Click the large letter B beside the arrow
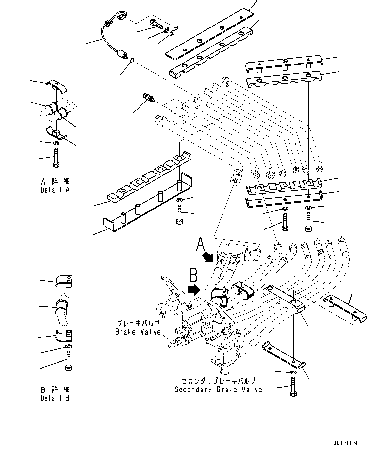pyautogui.click(x=193, y=275)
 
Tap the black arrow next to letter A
pyautogui.click(x=207, y=257)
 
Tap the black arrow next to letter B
pyautogui.click(x=194, y=289)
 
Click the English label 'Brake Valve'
pyautogui.click(x=138, y=332)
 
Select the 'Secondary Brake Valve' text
pyautogui.click(x=218, y=390)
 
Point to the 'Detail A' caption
pyautogui.click(x=55, y=190)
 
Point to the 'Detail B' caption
pyautogui.click(x=55, y=398)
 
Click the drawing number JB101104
pyautogui.click(x=346, y=443)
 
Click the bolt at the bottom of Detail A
pyautogui.click(x=56, y=157)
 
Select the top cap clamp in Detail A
pyautogui.click(x=57, y=86)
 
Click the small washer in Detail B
pyautogui.click(x=68, y=347)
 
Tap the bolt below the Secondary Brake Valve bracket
pyautogui.click(x=293, y=387)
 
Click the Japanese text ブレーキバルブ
pyautogui.click(x=138, y=323)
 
